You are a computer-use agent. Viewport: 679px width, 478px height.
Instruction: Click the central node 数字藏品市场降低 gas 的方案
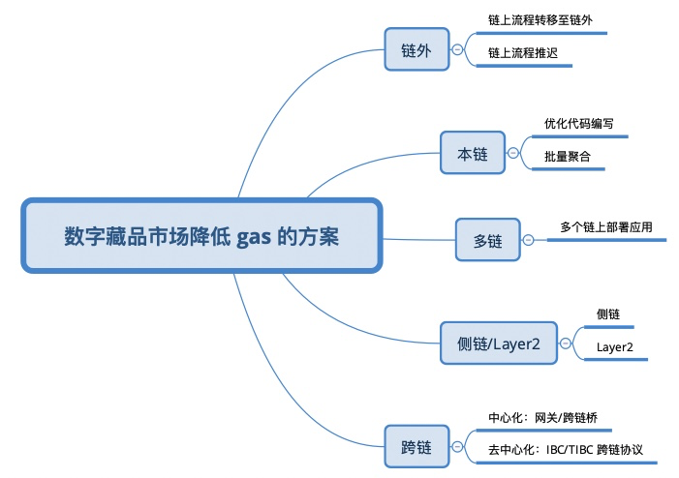point(201,236)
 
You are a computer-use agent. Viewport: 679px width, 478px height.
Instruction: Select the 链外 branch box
point(416,50)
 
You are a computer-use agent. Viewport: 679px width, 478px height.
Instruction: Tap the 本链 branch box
point(472,153)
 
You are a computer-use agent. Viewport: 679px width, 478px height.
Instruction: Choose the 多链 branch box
point(487,239)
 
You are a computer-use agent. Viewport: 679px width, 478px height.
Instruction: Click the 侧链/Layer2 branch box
point(498,342)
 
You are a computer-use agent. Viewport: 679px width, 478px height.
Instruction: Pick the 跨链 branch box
point(416,448)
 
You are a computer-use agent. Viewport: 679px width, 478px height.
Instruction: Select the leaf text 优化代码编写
point(578,125)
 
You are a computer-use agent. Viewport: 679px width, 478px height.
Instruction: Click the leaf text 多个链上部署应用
point(606,228)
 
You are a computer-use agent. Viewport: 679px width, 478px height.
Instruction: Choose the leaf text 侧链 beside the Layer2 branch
point(607,314)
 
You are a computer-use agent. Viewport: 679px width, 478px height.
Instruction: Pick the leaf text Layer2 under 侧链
point(614,346)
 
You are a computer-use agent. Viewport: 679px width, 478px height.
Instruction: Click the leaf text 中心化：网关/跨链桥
point(549,419)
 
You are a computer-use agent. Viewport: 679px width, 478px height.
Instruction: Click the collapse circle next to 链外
point(457,50)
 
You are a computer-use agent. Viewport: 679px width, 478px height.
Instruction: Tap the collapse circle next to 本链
point(512,153)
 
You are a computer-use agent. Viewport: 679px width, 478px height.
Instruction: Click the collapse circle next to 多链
point(528,239)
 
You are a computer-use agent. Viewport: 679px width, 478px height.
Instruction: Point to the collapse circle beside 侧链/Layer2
point(566,342)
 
